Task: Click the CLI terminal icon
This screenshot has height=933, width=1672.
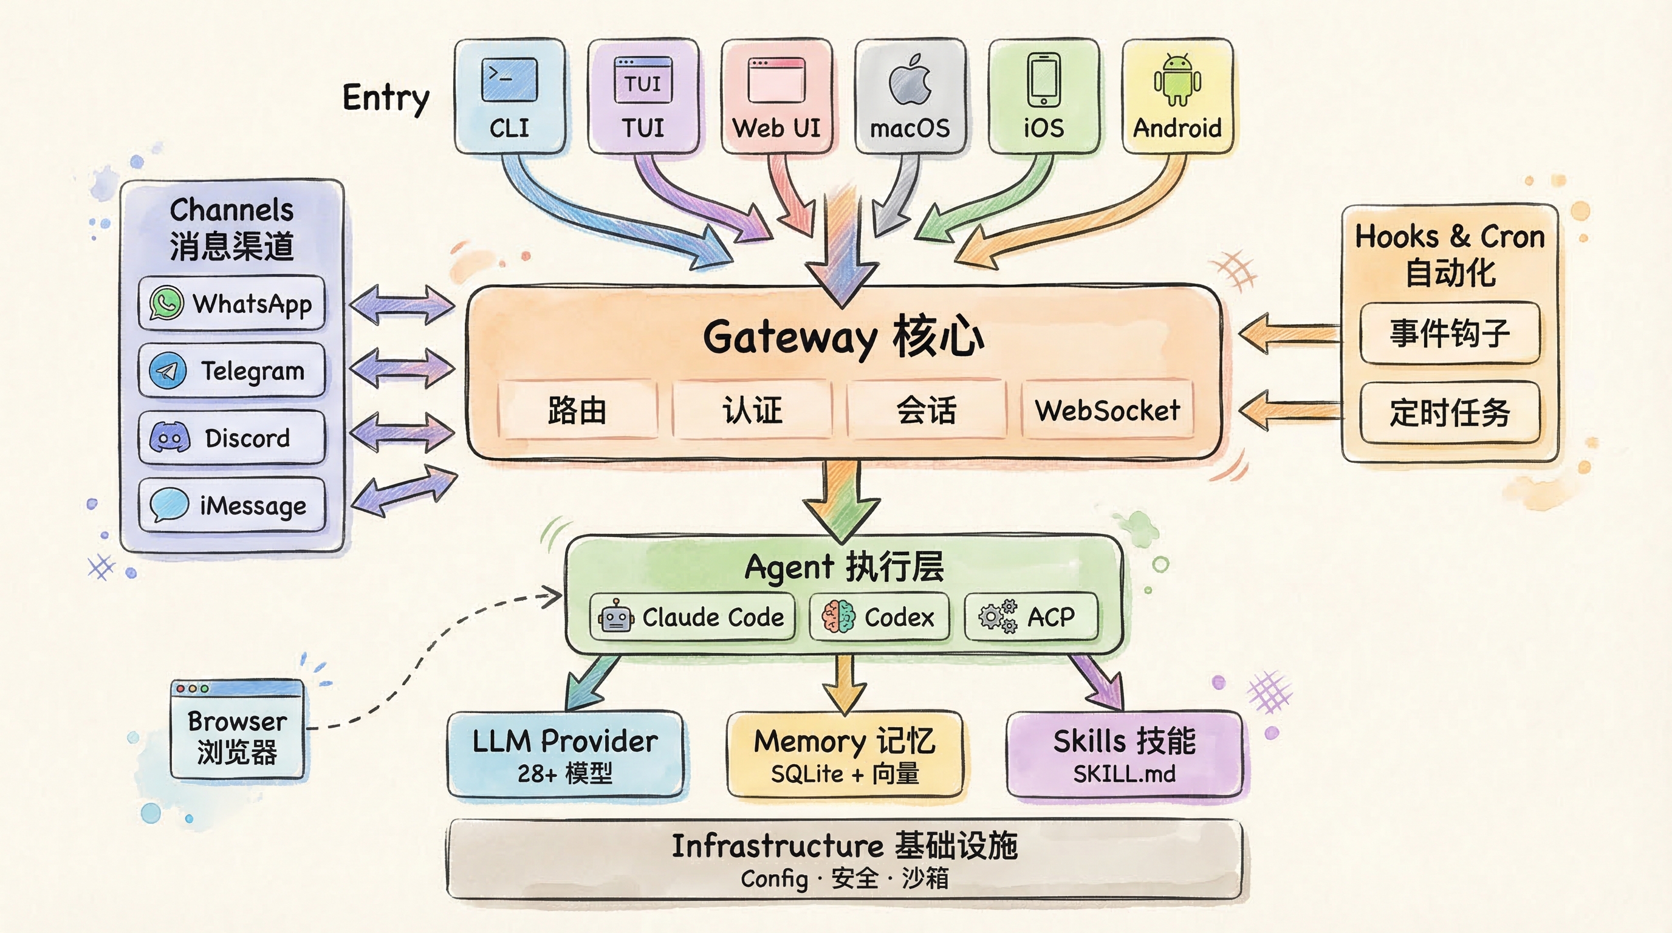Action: [509, 80]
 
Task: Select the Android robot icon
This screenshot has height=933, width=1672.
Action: [1177, 80]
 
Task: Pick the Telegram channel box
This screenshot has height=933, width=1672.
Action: [231, 371]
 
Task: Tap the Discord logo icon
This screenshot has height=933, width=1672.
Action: [170, 437]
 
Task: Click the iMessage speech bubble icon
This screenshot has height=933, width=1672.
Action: [169, 504]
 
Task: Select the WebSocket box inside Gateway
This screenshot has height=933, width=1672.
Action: [1108, 410]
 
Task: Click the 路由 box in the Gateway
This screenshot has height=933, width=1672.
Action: [577, 410]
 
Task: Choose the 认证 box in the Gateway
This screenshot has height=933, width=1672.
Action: [752, 410]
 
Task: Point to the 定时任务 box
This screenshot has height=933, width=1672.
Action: [1450, 412]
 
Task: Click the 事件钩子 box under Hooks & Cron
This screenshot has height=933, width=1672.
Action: [1450, 333]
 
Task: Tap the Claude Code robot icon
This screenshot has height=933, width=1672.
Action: [616, 617]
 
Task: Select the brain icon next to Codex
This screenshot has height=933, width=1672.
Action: [838, 617]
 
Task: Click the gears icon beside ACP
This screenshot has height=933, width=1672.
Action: [998, 617]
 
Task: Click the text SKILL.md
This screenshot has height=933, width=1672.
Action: [1124, 774]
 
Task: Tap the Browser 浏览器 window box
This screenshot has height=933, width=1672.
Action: [237, 730]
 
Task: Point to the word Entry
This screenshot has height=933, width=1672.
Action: [386, 98]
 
